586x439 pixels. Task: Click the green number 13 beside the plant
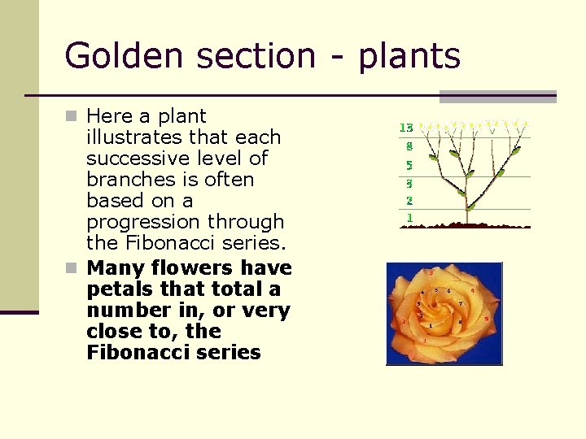(406, 128)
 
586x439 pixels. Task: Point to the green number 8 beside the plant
(409, 147)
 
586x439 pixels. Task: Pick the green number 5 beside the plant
(409, 165)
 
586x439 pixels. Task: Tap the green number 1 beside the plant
(409, 218)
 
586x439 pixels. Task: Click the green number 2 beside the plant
(409, 200)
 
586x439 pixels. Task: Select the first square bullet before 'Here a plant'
(73, 117)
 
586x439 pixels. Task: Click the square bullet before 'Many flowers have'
(73, 268)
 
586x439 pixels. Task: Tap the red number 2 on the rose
(404, 321)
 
